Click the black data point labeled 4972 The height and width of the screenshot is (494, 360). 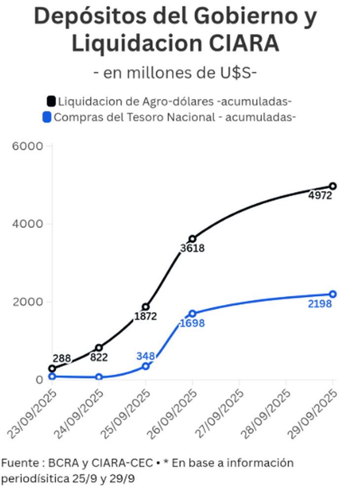333,186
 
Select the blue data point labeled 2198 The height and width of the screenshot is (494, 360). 333,294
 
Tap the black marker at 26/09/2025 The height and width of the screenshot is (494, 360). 192,239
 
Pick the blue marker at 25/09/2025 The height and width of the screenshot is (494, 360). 145,366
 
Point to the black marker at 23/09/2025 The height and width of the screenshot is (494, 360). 52,369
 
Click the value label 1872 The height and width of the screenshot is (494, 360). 145,316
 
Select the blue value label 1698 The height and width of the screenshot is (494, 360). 192,323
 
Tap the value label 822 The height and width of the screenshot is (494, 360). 99,357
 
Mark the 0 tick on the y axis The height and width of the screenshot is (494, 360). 39,380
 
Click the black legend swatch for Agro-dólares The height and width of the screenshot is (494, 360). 51,102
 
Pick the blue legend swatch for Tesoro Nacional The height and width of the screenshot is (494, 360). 47,117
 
